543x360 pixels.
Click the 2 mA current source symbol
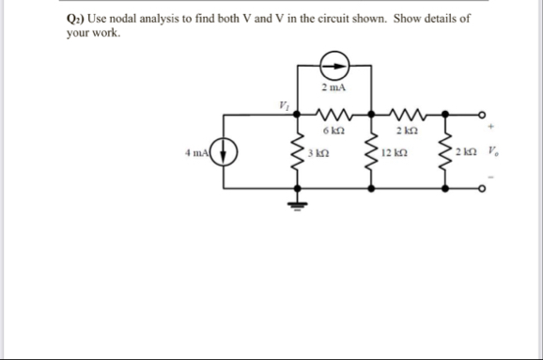pyautogui.click(x=334, y=64)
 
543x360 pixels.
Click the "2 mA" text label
pyautogui.click(x=333, y=87)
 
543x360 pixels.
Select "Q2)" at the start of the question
pyautogui.click(x=75, y=18)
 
